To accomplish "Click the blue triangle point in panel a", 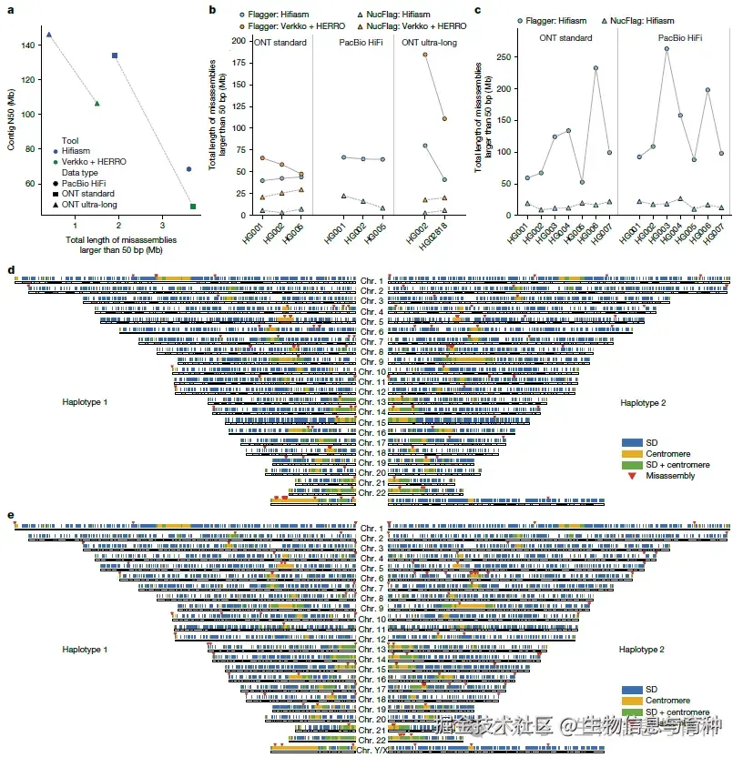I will tap(49, 35).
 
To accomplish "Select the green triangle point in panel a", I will tap(97, 103).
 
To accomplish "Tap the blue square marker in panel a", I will tap(115, 56).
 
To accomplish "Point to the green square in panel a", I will tap(193, 207).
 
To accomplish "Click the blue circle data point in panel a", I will tap(188, 168).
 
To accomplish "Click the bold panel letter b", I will tap(212, 10).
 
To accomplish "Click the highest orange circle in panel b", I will tap(425, 55).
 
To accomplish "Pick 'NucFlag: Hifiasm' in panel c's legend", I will tap(628, 19).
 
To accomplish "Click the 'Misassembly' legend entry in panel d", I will tap(669, 475).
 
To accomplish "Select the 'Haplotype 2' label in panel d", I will tap(642, 402).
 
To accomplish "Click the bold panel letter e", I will tap(10, 515).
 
